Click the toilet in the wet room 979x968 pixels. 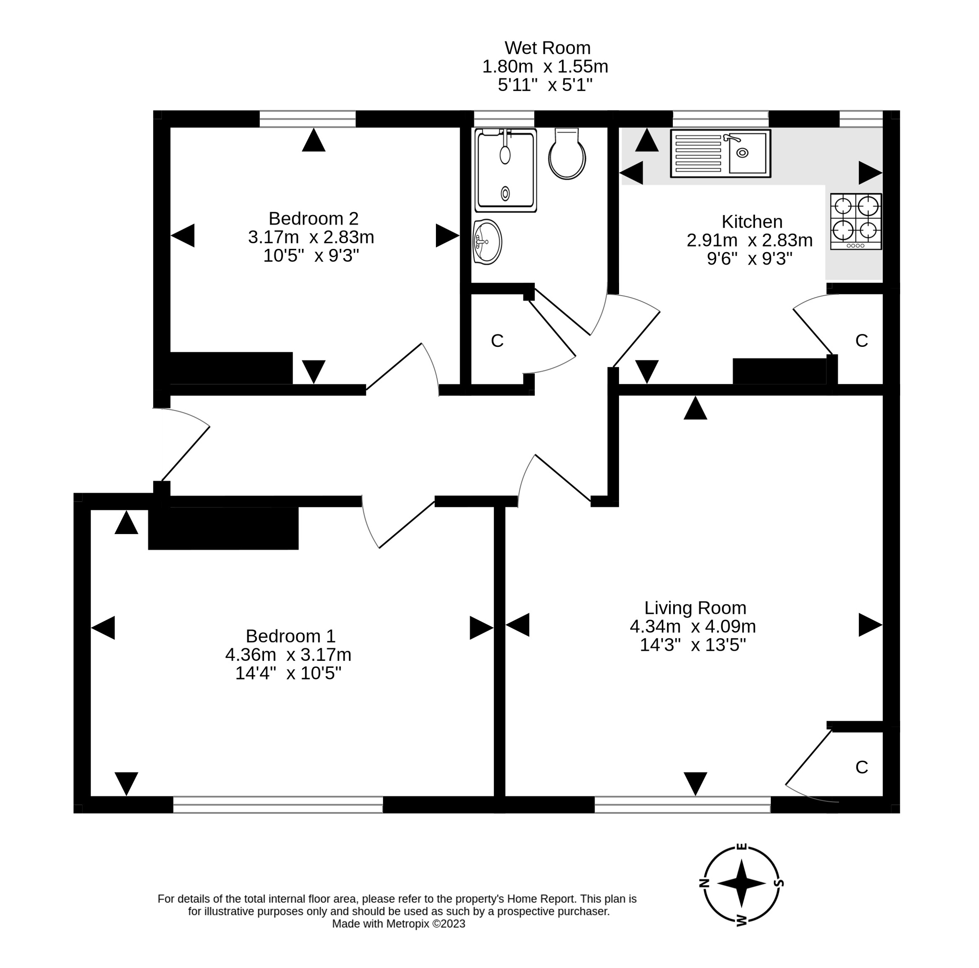click(x=567, y=155)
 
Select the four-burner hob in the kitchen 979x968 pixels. click(x=856, y=221)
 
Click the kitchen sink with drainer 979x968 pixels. click(x=720, y=153)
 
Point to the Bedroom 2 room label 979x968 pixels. click(x=313, y=218)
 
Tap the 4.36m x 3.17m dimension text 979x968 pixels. click(x=288, y=655)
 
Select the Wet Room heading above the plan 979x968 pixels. click(x=547, y=48)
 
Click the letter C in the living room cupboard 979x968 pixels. click(x=861, y=767)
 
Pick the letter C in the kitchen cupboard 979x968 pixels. click(x=861, y=341)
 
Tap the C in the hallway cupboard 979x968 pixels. click(x=497, y=341)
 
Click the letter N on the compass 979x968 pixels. click(x=703, y=883)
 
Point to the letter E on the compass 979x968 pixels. click(x=742, y=846)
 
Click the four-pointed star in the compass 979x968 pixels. click(x=741, y=883)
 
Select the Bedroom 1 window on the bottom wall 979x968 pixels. click(x=278, y=805)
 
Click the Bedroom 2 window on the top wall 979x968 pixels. click(x=307, y=119)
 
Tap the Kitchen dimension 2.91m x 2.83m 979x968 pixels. click(x=750, y=240)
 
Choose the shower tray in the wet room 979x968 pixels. click(x=505, y=170)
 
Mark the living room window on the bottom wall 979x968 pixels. click(x=682, y=805)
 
